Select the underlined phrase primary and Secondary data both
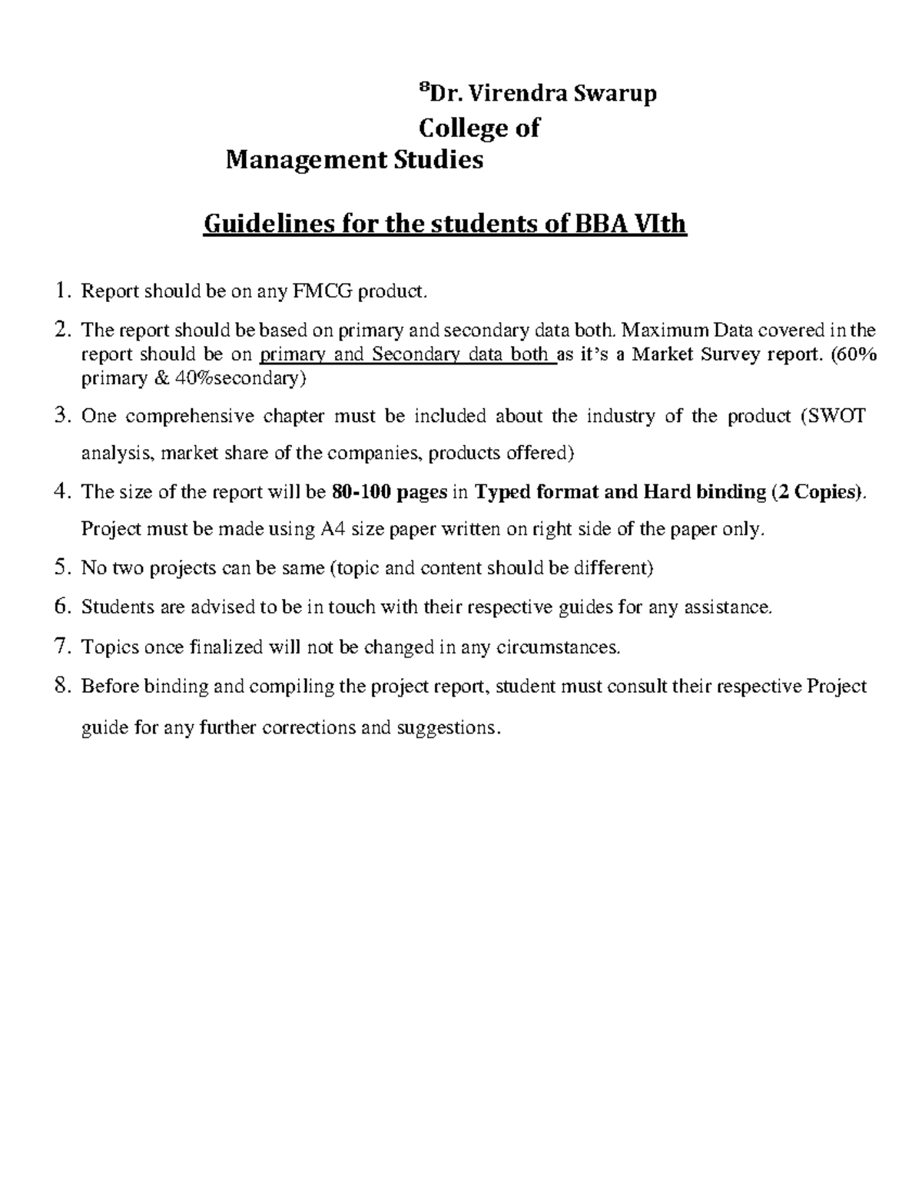click(408, 354)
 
